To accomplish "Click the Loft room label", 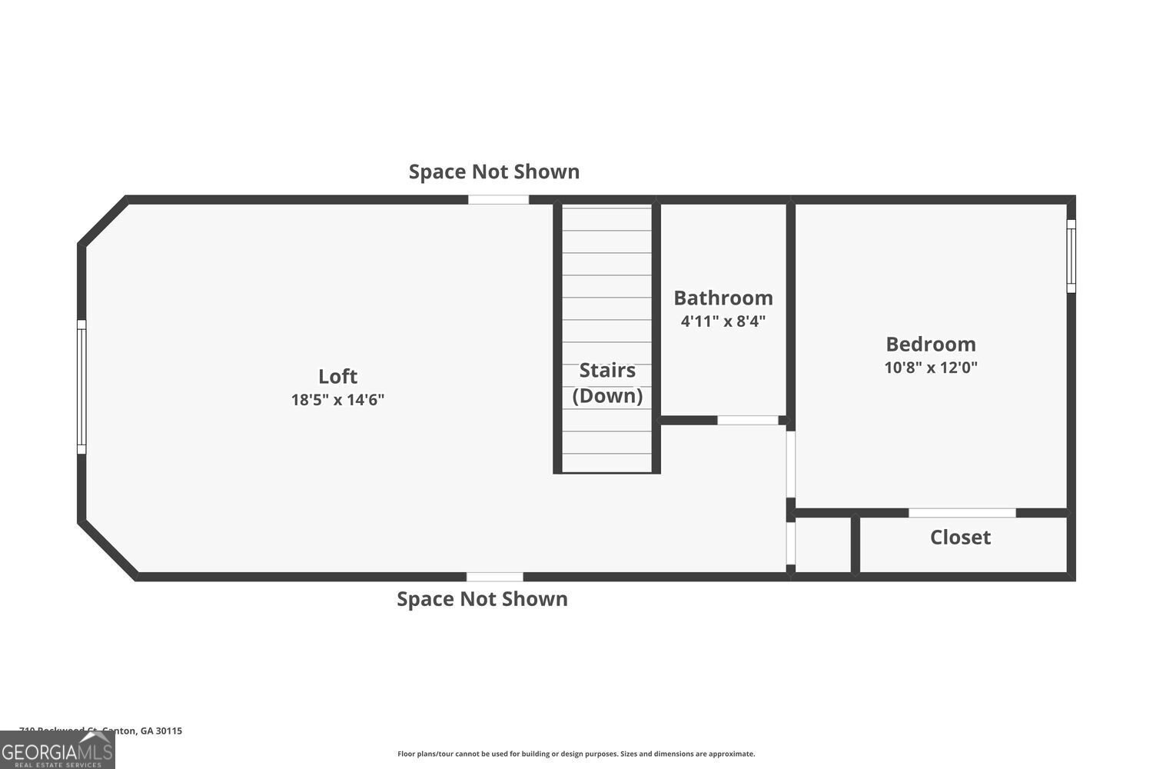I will pos(337,376).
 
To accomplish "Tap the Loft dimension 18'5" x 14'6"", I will pos(337,400).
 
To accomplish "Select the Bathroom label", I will pos(723,298).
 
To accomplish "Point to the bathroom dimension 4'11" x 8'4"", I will pos(723,321).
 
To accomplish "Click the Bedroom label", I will pos(931,344).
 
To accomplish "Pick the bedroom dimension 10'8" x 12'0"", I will pos(931,368).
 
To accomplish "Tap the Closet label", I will pos(960,538).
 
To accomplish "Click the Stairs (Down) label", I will pos(607,383).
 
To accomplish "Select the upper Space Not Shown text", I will pos(494,171).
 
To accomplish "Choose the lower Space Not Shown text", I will pos(482,599).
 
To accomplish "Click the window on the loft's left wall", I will pos(81,387).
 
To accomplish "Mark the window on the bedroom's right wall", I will pos(1071,256).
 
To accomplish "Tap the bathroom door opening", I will pos(748,420).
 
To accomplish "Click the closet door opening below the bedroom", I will pos(962,513).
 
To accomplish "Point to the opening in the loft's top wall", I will pos(498,200).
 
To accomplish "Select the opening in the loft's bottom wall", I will pos(495,577).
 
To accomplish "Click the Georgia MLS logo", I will pos(57,750).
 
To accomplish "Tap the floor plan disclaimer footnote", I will pos(576,754).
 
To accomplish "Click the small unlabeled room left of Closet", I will pos(823,545).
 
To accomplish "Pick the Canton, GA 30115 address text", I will pos(101,731).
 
